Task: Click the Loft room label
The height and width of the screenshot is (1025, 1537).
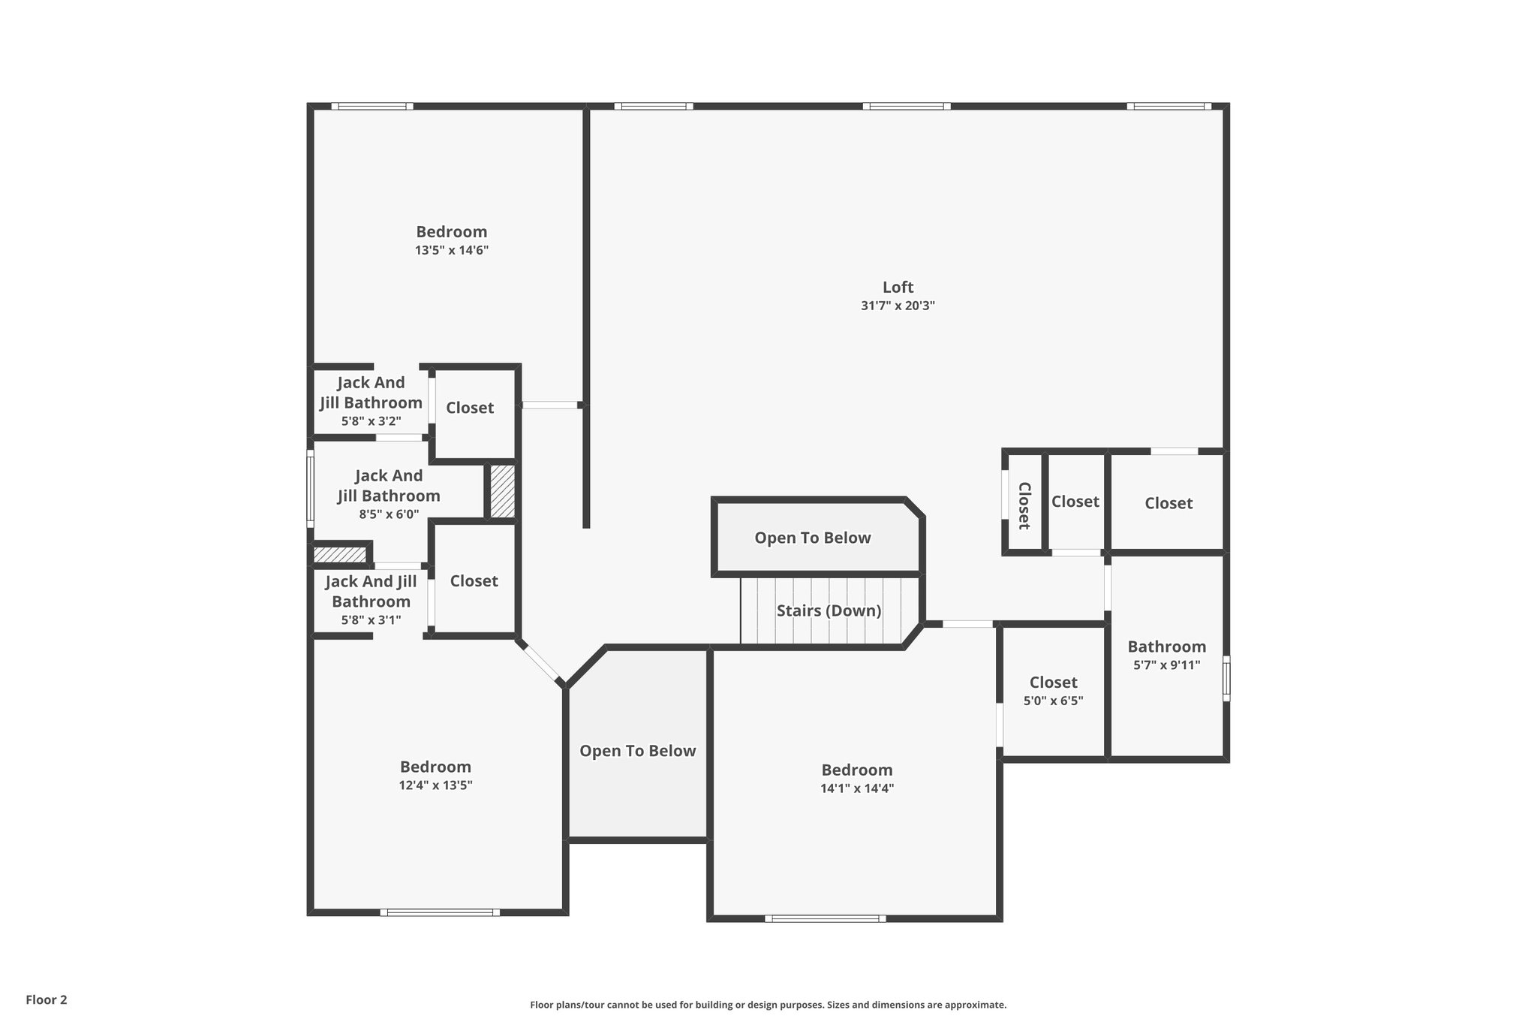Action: click(x=898, y=287)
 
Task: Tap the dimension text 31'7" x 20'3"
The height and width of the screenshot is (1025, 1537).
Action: click(x=898, y=306)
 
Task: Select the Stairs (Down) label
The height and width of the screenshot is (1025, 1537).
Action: click(x=829, y=610)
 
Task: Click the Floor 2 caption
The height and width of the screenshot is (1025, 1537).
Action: click(x=47, y=999)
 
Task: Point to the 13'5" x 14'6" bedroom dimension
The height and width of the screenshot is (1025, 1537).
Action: click(x=452, y=250)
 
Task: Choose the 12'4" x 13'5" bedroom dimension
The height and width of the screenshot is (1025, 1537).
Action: click(x=435, y=785)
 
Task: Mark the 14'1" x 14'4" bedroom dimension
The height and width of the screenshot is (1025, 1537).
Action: click(x=857, y=788)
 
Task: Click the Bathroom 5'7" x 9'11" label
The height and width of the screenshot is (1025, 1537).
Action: click(x=1166, y=647)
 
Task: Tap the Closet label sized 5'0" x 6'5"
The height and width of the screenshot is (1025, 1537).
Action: click(x=1053, y=683)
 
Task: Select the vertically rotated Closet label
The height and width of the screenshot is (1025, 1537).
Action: click(x=1024, y=505)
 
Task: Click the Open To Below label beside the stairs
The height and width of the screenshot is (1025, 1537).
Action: click(x=813, y=538)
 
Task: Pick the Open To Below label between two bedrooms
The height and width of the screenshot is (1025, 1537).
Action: click(x=637, y=751)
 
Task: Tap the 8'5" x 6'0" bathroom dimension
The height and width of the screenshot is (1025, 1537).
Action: click(x=389, y=514)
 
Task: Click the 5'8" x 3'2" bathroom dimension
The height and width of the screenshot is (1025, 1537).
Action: click(x=371, y=421)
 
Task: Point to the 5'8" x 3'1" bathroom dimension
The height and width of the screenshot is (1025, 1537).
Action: click(x=371, y=620)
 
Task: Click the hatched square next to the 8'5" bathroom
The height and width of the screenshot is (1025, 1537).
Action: click(x=502, y=491)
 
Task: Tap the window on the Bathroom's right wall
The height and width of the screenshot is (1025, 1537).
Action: click(x=1226, y=679)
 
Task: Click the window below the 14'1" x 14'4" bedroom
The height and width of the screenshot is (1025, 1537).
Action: click(x=825, y=918)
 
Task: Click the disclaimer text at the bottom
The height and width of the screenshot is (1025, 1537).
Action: click(x=768, y=1005)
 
